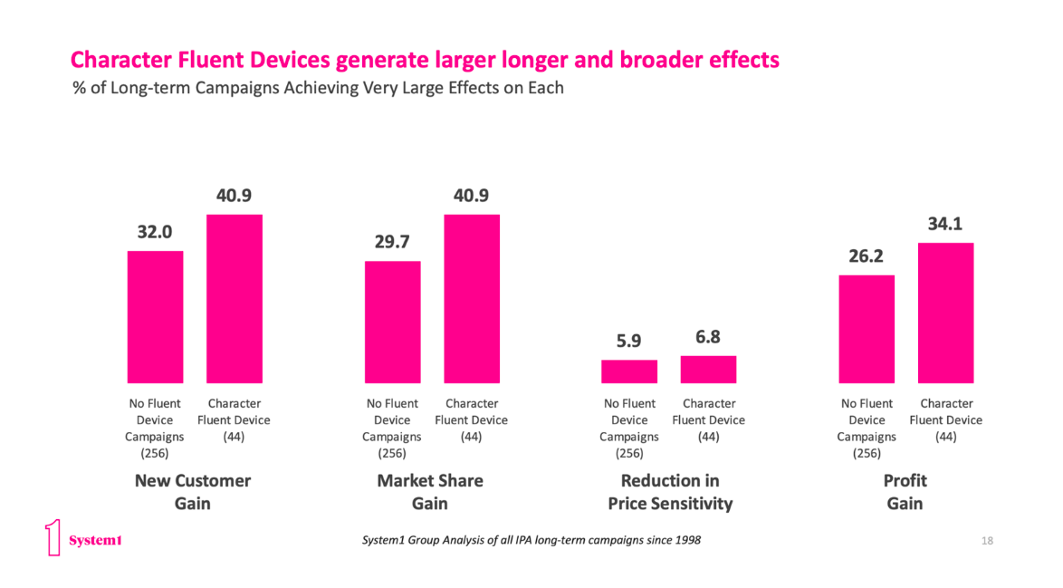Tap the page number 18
[987, 541]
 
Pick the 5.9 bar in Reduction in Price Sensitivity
[629, 371]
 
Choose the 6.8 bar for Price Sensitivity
[708, 369]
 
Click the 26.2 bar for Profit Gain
[867, 328]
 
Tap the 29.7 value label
[392, 241]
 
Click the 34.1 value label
[945, 223]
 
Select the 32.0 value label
[155, 231]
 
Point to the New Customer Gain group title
[193, 491]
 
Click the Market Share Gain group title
[430, 491]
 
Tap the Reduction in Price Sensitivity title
[669, 491]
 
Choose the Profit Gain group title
[905, 491]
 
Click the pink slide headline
[425, 61]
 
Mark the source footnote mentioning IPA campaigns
[531, 541]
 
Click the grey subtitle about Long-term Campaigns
[318, 88]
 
